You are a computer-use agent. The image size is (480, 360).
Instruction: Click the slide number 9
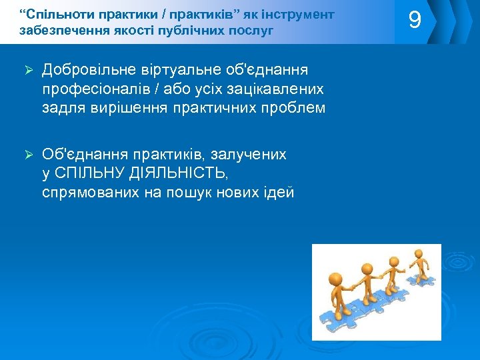tap(415, 21)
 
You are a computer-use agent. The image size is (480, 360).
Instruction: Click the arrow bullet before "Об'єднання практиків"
tap(29, 155)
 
